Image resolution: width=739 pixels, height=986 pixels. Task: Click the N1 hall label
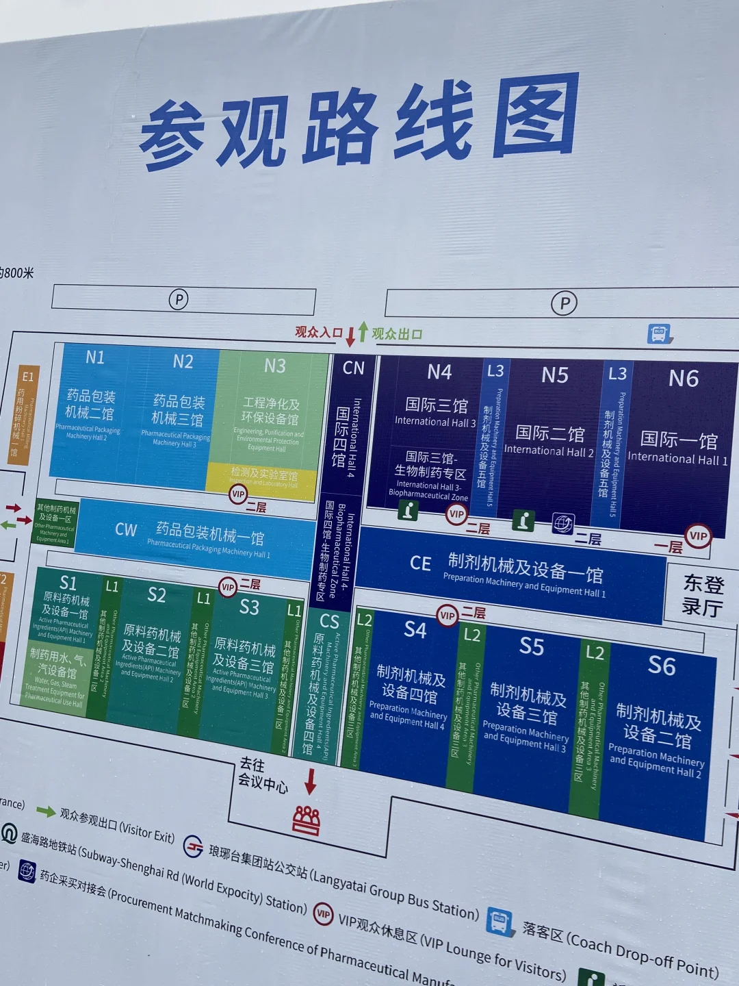(95, 357)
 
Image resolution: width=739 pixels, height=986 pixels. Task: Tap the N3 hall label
(275, 366)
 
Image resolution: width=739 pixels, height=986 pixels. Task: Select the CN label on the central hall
(354, 368)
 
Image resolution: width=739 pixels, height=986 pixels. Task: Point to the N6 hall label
(683, 379)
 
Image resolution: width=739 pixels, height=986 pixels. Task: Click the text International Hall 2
(549, 451)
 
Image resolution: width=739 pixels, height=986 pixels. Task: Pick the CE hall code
(420, 564)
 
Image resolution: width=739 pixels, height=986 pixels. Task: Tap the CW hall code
(126, 530)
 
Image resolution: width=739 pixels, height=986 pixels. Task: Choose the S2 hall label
(157, 595)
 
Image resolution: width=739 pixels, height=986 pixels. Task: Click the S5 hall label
(532, 646)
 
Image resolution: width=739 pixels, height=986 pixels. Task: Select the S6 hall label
(662, 666)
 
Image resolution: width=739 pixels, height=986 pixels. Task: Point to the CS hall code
(329, 621)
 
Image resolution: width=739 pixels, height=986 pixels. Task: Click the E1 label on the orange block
(27, 377)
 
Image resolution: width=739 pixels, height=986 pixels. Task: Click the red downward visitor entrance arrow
(350, 336)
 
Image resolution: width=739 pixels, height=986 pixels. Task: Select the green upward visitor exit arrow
(363, 331)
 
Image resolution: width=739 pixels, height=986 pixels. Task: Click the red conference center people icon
(307, 820)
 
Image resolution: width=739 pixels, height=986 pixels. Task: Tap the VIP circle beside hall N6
(699, 536)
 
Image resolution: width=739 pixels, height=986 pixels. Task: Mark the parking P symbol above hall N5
(565, 303)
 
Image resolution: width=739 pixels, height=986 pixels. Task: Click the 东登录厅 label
(703, 595)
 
